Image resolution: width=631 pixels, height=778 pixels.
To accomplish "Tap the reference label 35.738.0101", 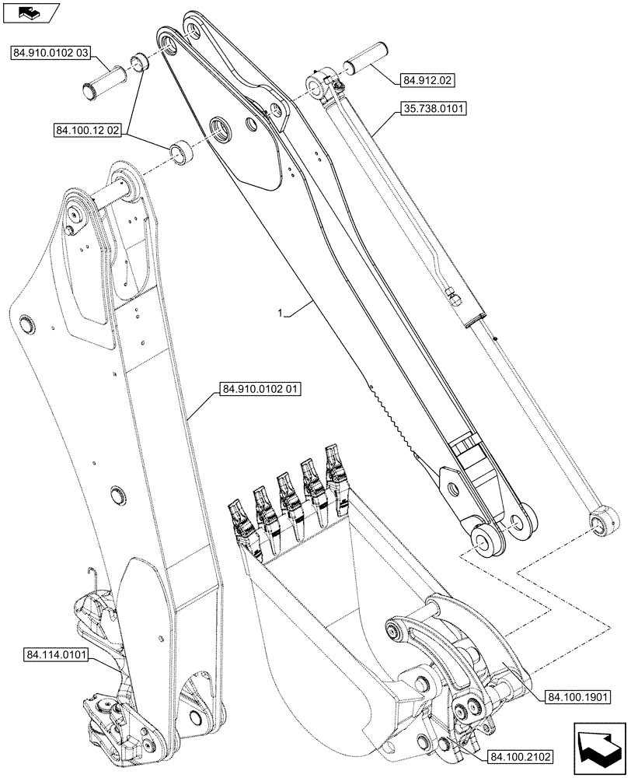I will click(x=434, y=110).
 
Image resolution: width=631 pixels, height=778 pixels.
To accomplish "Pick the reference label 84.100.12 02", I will click(x=87, y=133).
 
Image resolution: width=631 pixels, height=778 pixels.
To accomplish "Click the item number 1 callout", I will click(x=281, y=313).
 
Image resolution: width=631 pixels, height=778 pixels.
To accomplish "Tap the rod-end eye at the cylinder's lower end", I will click(x=600, y=519).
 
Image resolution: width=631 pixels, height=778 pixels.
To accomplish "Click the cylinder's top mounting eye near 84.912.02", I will click(x=322, y=90).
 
